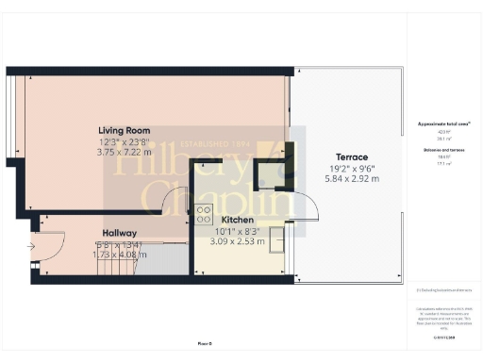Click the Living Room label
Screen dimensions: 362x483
pyautogui.click(x=124, y=130)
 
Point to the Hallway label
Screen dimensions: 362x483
pyautogui.click(x=120, y=233)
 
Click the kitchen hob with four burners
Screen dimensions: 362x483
pyautogui.click(x=204, y=214)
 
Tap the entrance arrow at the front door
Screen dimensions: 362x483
pyautogui.click(x=31, y=248)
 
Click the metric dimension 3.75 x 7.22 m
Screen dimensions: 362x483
pyautogui.click(x=124, y=153)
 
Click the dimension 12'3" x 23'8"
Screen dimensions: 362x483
pyautogui.click(x=124, y=141)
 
